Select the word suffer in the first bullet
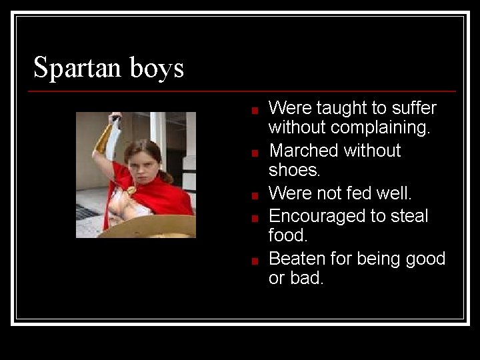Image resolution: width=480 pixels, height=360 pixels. pyautogui.click(x=413, y=108)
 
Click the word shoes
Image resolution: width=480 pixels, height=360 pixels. pyautogui.click(x=294, y=169)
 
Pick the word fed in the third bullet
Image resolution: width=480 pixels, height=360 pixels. pyautogui.click(x=361, y=193)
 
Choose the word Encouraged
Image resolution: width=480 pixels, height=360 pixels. pyautogui.click(x=320, y=216)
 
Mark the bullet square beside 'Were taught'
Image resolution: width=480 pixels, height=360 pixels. pyautogui.click(x=255, y=110)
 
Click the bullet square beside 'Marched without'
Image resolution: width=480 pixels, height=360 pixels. pyautogui.click(x=255, y=153)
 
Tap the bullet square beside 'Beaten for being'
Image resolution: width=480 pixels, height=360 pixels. pyautogui.click(x=255, y=261)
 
